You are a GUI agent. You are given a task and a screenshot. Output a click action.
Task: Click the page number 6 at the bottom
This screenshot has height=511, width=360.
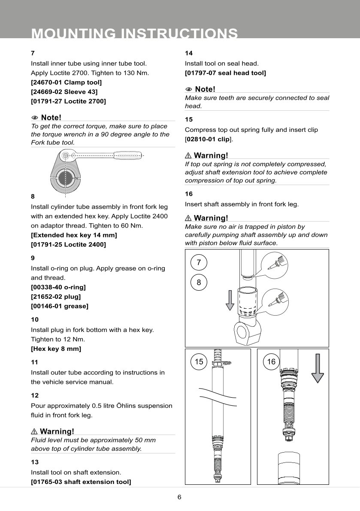[179, 497]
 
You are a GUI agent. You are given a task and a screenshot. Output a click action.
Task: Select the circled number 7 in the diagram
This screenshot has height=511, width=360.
[199, 263]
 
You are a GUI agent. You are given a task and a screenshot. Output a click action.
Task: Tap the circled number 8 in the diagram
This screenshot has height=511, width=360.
[199, 283]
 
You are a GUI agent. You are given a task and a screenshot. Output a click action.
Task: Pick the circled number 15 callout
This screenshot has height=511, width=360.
[199, 362]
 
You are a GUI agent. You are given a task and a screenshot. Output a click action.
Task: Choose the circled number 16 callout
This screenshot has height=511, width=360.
[271, 362]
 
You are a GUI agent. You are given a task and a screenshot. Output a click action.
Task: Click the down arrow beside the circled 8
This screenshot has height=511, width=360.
[230, 299]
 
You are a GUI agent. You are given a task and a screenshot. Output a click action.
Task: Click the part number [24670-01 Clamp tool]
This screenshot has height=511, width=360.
[66, 82]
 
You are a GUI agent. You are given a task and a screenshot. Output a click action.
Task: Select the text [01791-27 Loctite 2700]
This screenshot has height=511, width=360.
[68, 101]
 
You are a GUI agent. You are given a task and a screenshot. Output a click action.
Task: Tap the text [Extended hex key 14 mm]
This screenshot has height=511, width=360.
[74, 235]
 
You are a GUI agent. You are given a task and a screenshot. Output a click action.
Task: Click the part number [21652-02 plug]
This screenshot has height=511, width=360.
[56, 296]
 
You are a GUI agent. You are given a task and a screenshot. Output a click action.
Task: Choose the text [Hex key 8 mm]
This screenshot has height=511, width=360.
[56, 349]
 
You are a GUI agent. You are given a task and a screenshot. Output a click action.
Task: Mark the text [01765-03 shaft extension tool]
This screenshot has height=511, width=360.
[81, 482]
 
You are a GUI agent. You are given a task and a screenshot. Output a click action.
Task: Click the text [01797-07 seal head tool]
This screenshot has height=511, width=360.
[225, 73]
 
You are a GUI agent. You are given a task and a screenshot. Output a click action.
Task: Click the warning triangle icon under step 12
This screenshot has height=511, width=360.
[35, 431]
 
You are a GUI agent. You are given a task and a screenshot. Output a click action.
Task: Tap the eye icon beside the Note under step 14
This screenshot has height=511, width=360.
[188, 89]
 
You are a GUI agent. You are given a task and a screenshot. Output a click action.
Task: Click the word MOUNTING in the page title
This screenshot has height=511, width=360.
[74, 33]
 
